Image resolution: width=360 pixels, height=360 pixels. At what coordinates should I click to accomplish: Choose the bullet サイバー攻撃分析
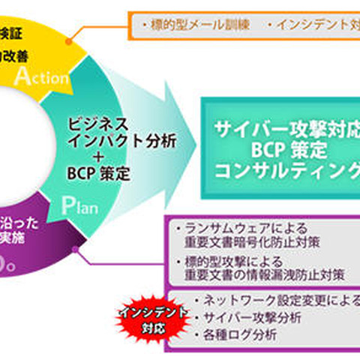tap(247, 317)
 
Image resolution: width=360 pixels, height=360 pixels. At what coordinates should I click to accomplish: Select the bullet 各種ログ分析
tap(236, 335)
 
